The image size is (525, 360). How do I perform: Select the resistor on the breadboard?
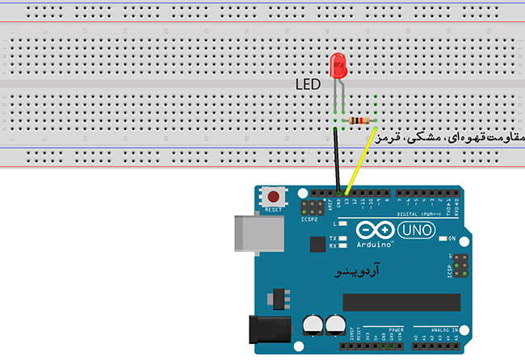tap(358, 121)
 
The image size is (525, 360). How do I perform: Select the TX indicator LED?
tap(343, 239)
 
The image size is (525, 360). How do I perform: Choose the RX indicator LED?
tap(343, 246)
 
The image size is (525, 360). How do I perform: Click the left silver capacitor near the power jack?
tap(312, 324)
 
